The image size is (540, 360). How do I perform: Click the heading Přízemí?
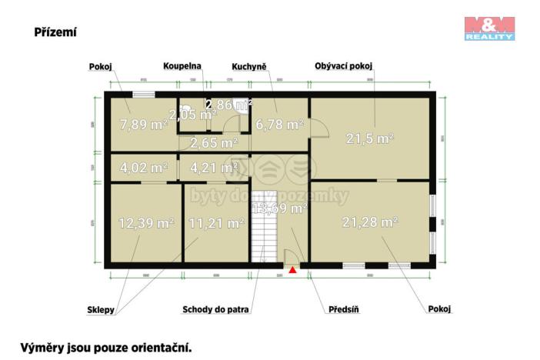(x=55, y=32)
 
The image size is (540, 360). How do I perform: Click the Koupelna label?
(x=182, y=67)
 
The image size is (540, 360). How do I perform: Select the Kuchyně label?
(x=249, y=67)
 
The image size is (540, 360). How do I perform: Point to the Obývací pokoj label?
(x=345, y=67)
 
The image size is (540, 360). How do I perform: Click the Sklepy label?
(x=101, y=310)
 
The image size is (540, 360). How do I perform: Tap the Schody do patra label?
(x=218, y=310)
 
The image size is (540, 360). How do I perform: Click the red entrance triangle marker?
(x=292, y=270)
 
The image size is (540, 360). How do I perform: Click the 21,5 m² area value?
(x=370, y=138)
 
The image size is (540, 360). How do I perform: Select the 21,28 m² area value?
(x=370, y=222)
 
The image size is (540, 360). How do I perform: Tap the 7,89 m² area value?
(x=144, y=124)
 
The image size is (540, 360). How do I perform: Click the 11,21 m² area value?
(x=216, y=224)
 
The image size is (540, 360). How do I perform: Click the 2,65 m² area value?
(x=214, y=143)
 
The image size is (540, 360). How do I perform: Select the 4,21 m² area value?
(x=214, y=167)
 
